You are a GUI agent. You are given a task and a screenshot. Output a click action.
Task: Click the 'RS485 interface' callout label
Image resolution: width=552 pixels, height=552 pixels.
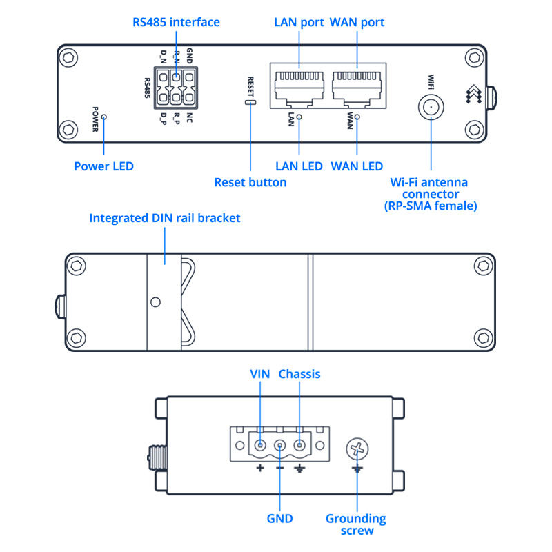point(176,22)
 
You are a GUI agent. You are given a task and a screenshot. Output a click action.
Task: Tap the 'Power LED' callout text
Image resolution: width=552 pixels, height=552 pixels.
point(103,166)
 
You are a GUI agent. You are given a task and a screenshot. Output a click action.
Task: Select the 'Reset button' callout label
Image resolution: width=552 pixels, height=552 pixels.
point(250,182)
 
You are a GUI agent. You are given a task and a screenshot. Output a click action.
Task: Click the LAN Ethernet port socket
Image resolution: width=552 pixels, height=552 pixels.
point(299,88)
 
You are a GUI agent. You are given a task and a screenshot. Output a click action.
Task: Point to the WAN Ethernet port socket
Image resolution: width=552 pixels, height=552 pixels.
point(357,88)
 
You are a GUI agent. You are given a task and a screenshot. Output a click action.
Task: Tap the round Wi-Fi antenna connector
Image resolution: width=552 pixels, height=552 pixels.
point(431,107)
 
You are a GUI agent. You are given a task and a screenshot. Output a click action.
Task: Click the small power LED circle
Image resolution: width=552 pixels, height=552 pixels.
point(103,118)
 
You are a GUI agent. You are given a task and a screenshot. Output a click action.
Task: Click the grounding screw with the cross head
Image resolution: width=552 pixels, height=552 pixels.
point(357,449)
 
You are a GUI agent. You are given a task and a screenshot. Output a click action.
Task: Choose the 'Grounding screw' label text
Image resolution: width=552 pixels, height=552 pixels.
point(355,524)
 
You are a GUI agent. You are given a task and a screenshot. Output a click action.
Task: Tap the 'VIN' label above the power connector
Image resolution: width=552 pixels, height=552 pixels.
point(259,374)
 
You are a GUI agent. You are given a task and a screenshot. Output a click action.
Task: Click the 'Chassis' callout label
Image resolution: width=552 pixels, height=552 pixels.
point(299,374)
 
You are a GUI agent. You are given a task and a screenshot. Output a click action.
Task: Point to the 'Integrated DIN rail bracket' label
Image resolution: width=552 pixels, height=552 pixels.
point(165,218)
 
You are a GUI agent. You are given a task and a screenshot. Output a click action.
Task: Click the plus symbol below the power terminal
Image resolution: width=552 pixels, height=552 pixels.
point(260,469)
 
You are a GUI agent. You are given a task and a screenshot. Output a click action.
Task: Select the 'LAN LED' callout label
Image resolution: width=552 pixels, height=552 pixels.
point(299,166)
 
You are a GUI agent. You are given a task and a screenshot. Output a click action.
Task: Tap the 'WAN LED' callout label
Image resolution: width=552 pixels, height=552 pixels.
point(357,166)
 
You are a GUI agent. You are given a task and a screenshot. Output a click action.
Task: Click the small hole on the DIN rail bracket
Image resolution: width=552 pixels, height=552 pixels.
point(156,302)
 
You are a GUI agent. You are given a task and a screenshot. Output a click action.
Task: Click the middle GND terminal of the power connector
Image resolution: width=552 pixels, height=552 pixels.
point(279,446)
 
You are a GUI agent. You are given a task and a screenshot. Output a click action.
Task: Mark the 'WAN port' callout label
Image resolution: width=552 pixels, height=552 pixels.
point(357,22)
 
